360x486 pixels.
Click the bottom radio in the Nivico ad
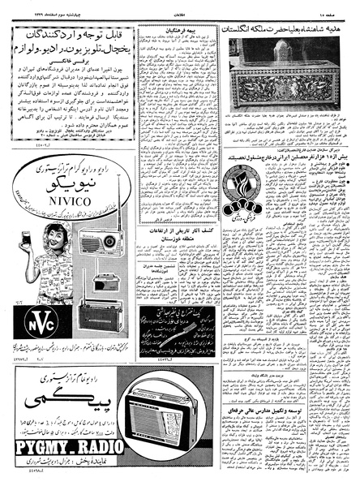tap(99, 316)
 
